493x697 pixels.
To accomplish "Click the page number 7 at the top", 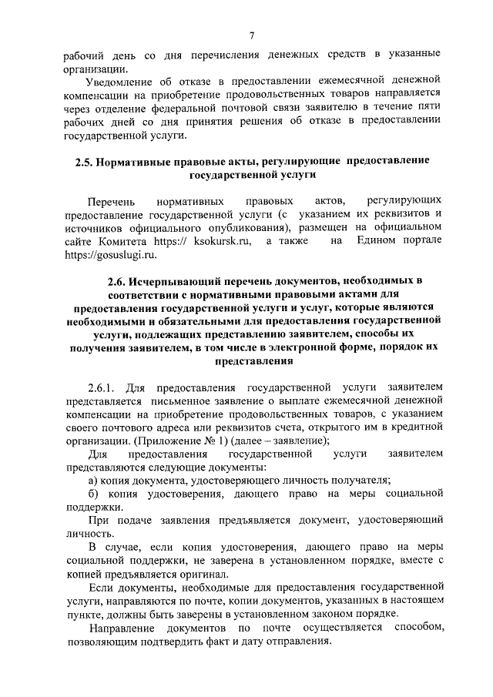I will pyautogui.click(x=251, y=34).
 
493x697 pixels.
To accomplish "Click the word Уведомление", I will pyautogui.click(x=121, y=79).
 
